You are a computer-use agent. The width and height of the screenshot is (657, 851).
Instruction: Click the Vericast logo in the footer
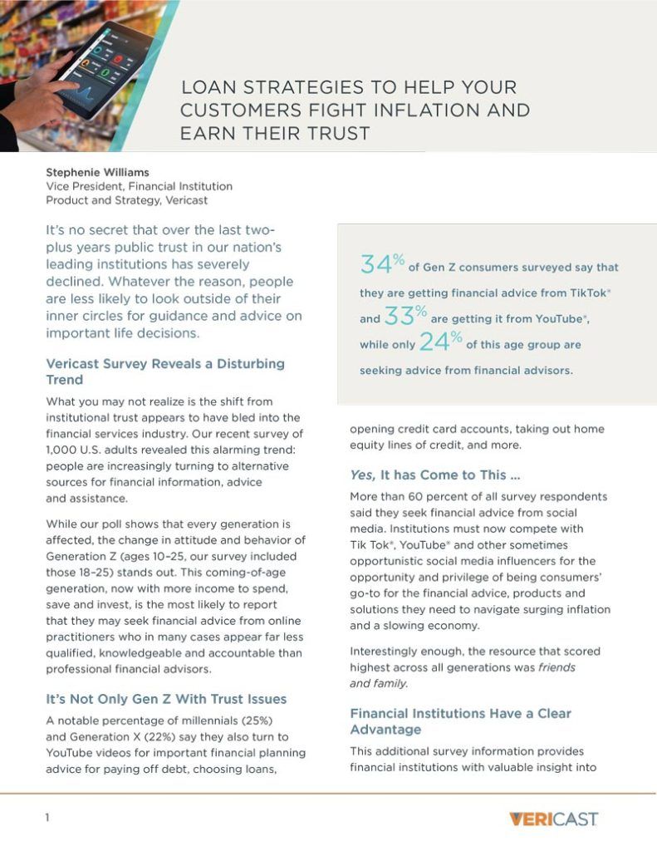click(553, 819)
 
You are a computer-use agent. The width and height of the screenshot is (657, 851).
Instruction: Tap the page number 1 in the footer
click(47, 818)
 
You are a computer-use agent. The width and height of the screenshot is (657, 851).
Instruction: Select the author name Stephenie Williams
click(97, 173)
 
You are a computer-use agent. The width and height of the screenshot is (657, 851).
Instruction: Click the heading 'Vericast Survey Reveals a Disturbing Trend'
click(165, 371)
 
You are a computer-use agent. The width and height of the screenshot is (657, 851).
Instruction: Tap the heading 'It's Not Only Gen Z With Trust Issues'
click(166, 699)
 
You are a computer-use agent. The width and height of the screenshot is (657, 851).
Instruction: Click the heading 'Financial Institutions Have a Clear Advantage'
click(460, 721)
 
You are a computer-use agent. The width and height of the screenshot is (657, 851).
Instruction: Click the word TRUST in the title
click(333, 133)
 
